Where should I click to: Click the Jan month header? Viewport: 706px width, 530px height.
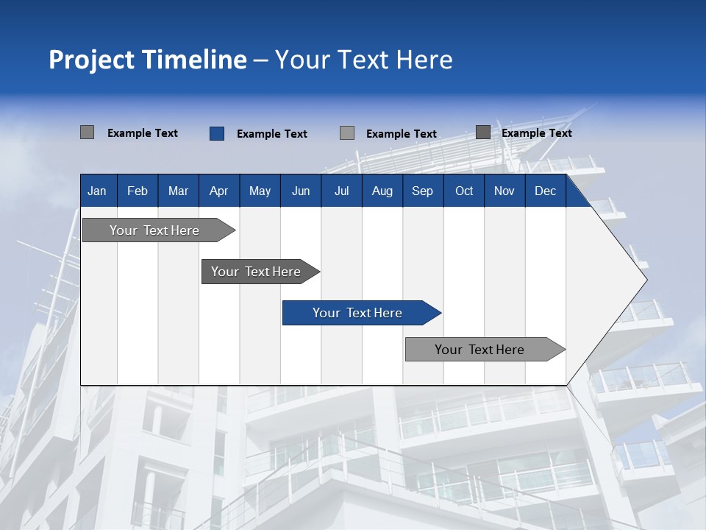(x=97, y=191)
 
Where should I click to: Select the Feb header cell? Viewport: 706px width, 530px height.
(x=138, y=191)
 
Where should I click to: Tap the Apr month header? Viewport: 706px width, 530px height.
(x=218, y=191)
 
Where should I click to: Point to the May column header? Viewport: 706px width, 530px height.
(x=260, y=191)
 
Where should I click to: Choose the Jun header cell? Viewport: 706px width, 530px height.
(x=301, y=191)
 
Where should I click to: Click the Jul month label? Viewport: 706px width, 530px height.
(x=341, y=191)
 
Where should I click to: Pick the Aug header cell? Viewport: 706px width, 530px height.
(x=382, y=191)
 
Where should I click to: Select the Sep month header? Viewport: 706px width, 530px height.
(x=423, y=191)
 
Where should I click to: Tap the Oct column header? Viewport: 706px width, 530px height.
(x=464, y=191)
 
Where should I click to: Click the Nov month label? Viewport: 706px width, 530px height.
(x=504, y=191)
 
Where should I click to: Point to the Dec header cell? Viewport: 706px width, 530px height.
(x=546, y=191)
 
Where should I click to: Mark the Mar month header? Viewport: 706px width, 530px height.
(x=178, y=191)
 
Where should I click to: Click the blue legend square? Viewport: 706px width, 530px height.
(x=217, y=133)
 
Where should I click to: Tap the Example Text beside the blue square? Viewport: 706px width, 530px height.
(x=272, y=134)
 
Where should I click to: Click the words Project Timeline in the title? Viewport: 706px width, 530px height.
(x=148, y=60)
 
